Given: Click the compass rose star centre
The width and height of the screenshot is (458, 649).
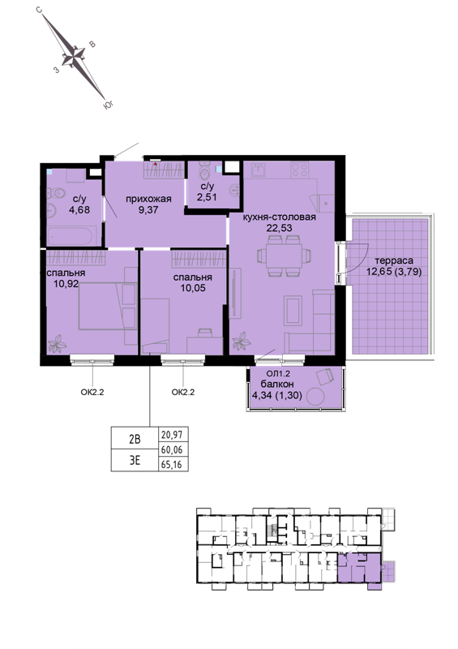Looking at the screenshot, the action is (x=74, y=56).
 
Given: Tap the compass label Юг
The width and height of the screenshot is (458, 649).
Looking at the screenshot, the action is (x=108, y=105).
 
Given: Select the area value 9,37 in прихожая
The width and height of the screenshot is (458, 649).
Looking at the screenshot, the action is (x=148, y=209).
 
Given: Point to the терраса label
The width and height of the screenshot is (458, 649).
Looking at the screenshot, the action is (x=394, y=261).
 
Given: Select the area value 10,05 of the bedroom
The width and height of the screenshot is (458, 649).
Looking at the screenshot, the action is (x=193, y=288).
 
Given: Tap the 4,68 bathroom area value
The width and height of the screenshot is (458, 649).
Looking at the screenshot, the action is (x=79, y=209).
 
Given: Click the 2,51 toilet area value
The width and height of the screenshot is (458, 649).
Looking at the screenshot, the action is (x=207, y=197).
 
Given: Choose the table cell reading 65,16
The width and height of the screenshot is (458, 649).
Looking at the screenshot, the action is (x=173, y=464).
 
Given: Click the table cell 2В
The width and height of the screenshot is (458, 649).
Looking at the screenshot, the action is (x=135, y=438).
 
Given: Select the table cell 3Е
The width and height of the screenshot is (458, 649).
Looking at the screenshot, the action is (x=135, y=460).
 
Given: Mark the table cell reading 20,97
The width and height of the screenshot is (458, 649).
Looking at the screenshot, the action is (x=173, y=434).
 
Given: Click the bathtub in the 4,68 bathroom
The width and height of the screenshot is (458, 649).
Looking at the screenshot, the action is (x=72, y=235).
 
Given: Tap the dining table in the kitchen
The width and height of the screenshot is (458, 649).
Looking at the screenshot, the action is (x=285, y=256).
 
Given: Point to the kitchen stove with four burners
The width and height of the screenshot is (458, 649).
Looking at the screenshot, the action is (x=300, y=170).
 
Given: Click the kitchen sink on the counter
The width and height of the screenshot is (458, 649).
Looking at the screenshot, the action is (x=259, y=170).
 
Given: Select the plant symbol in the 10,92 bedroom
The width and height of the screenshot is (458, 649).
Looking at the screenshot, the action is (x=58, y=343).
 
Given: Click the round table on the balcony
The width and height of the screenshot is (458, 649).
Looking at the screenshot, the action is (x=316, y=397).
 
